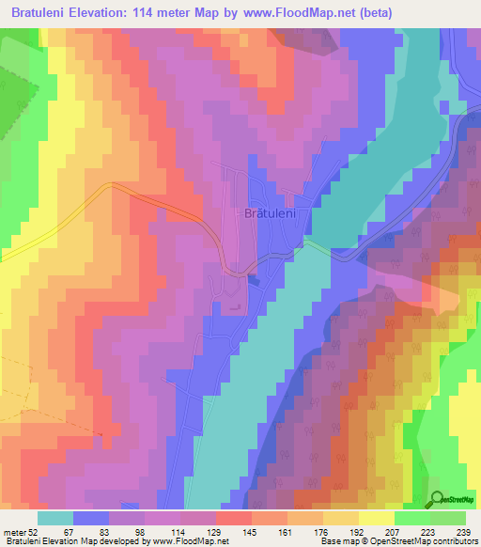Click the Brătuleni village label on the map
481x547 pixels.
click(x=271, y=214)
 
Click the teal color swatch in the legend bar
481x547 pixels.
click(x=55, y=519)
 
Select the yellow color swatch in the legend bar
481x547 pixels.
click(x=376, y=519)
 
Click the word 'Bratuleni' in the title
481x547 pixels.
click(x=46, y=12)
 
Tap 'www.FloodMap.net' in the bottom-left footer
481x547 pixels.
click(x=188, y=541)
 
